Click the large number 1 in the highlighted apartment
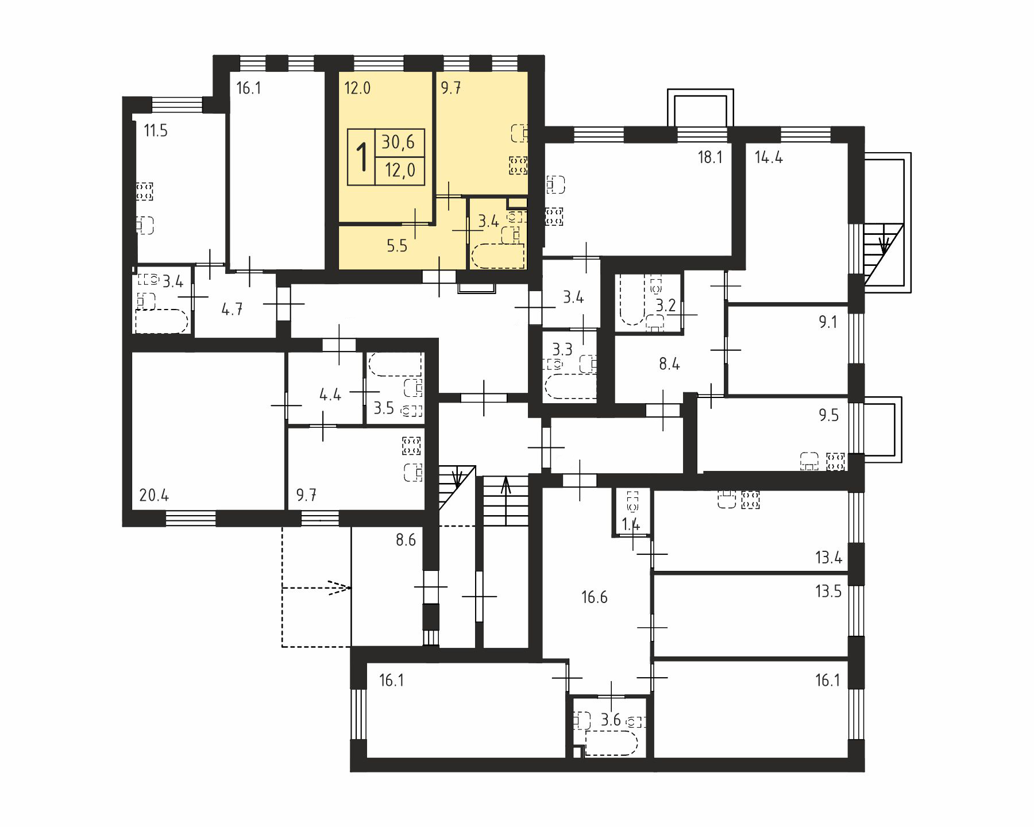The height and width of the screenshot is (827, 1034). point(362,157)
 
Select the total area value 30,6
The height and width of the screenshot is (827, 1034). point(399,142)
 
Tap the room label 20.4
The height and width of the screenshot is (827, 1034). point(154,495)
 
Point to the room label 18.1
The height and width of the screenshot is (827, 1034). point(710,157)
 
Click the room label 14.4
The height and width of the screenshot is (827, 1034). point(769,157)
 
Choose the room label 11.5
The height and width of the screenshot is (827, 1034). point(156,131)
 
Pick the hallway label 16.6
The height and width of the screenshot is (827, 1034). point(594,597)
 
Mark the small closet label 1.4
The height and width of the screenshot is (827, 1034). point(631,524)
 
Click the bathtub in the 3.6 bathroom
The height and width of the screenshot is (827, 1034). point(611,744)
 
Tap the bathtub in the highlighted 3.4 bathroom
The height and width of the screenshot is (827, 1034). point(497,256)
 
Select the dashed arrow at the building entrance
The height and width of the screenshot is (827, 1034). point(316,588)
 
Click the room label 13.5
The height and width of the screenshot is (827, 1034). point(828,591)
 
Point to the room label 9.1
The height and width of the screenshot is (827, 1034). point(828,322)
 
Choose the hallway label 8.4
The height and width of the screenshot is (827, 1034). point(669,364)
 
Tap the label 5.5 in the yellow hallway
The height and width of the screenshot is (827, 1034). point(396,246)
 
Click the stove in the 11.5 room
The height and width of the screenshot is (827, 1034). point(145,191)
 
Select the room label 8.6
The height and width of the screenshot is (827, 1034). point(406,540)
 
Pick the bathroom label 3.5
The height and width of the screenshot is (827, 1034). point(384,408)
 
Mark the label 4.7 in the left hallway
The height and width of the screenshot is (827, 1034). point(232,309)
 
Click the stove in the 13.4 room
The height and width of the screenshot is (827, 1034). point(751,500)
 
